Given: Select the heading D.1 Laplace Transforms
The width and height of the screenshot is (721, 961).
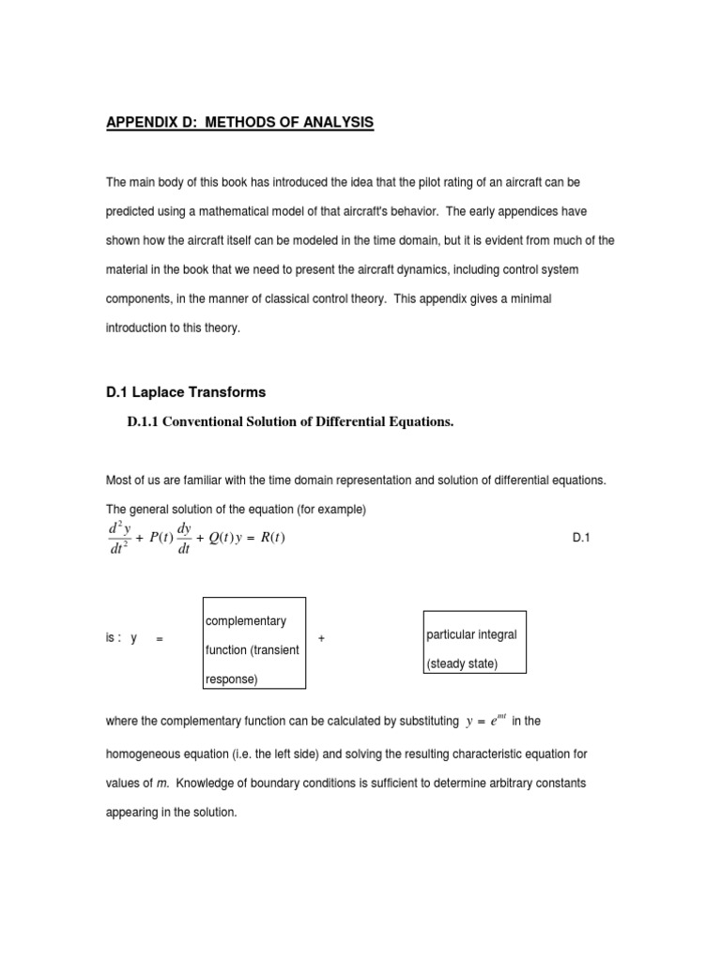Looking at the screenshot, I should [x=186, y=392].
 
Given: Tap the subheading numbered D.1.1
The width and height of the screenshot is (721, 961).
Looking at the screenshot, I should [x=290, y=422].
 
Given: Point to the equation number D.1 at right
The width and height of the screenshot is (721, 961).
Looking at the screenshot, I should [x=580, y=538].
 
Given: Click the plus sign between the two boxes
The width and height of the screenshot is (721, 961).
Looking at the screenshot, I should [x=321, y=638].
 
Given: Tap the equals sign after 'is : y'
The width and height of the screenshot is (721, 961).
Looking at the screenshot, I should [x=160, y=639].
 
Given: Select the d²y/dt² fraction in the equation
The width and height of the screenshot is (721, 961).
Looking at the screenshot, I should [x=119, y=539].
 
